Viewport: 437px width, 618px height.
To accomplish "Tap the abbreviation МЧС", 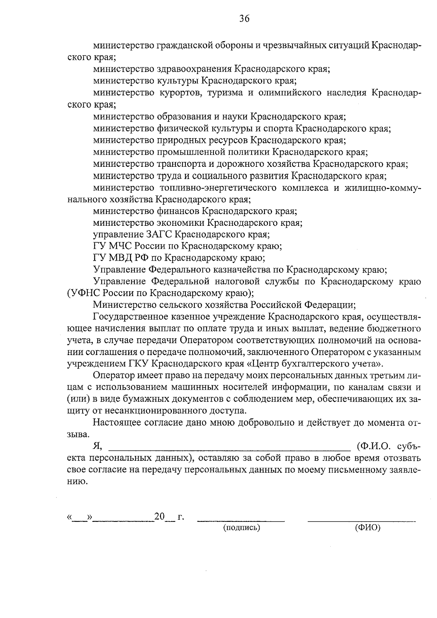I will [124, 246].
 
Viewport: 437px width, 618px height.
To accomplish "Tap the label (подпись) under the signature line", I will [241, 528].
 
